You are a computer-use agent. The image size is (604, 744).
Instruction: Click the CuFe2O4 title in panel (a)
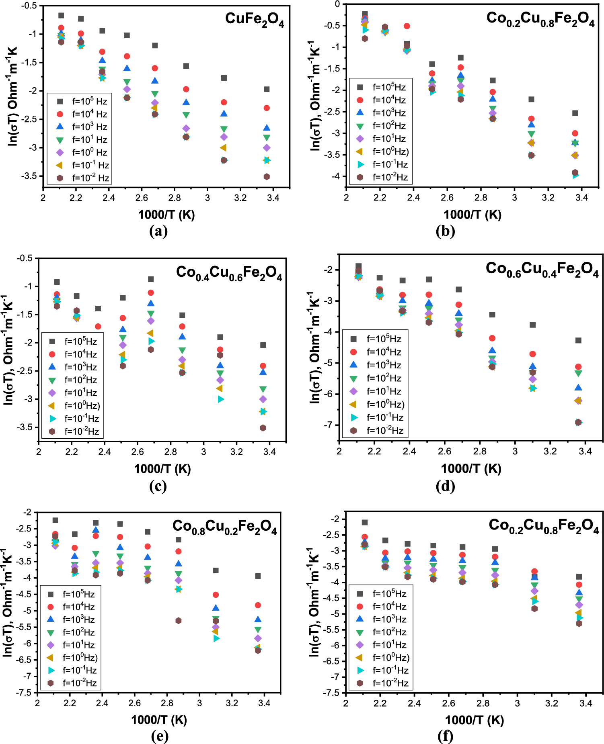(255, 19)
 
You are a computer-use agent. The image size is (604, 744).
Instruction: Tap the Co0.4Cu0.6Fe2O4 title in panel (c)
(229, 273)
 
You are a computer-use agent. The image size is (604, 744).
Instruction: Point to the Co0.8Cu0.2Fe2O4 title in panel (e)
(225, 527)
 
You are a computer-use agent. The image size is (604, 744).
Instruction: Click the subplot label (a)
(158, 231)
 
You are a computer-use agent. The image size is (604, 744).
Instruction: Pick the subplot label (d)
(445, 486)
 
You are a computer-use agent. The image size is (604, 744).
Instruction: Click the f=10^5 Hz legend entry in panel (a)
(82, 101)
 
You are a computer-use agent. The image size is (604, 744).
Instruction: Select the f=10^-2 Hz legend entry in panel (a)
(83, 178)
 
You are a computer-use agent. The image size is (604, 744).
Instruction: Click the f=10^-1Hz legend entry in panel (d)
(377, 417)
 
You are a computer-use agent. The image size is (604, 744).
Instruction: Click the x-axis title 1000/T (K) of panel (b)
(473, 215)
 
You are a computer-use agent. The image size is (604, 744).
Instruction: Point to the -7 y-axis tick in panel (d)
(329, 425)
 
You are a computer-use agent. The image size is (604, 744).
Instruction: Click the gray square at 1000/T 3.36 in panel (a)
(267, 89)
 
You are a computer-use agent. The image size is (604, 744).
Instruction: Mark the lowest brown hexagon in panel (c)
(263, 428)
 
